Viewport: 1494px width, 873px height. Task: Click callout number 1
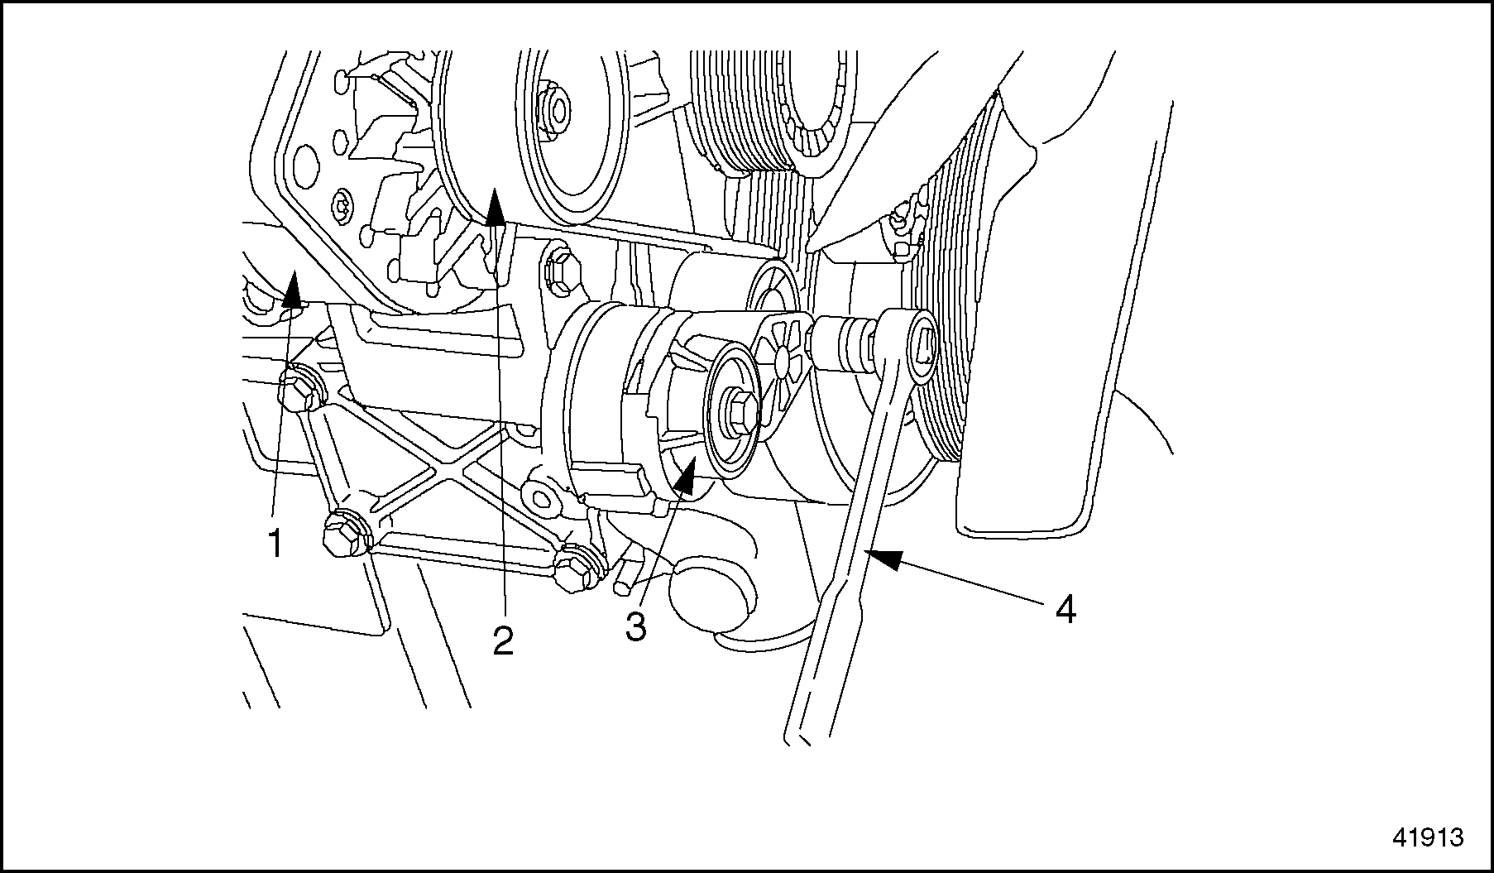(x=275, y=544)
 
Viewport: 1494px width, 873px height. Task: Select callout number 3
(x=635, y=626)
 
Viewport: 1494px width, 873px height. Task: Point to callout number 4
(x=1065, y=611)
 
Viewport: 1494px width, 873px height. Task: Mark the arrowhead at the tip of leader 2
(x=495, y=207)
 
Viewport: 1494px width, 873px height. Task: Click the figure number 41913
(x=1428, y=837)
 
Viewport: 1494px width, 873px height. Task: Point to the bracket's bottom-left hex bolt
(x=343, y=536)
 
